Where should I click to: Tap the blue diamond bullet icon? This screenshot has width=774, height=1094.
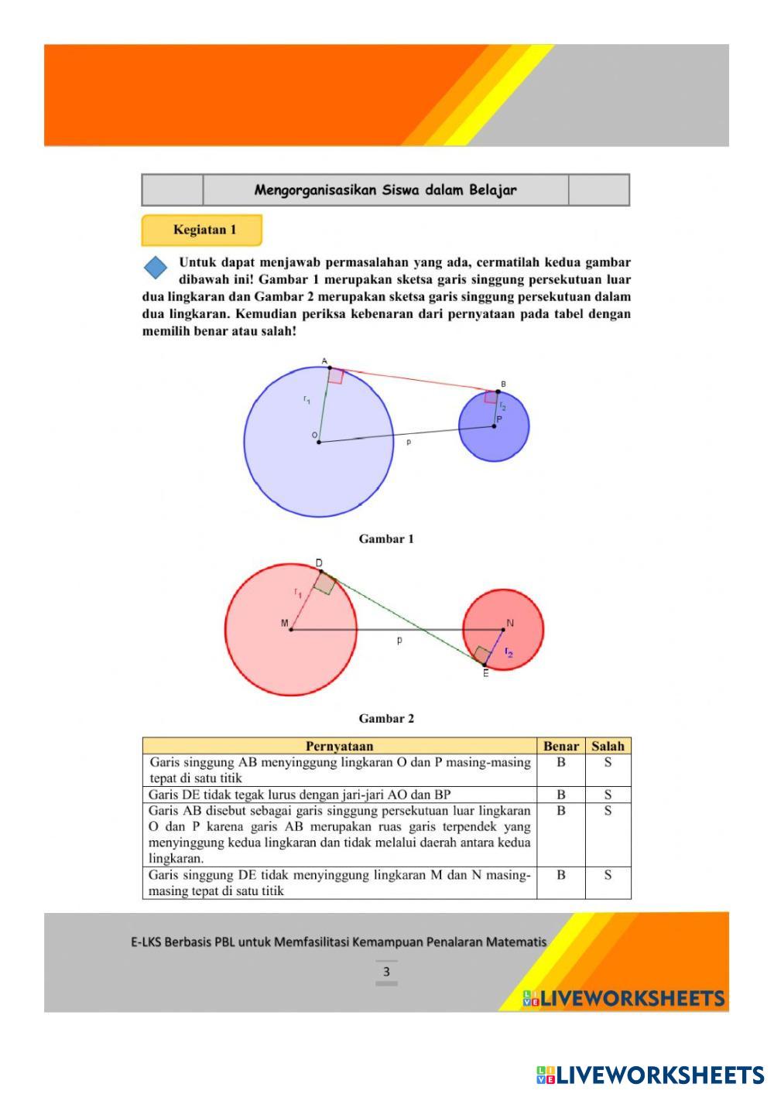[156, 268]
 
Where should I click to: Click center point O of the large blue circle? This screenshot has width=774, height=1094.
[319, 442]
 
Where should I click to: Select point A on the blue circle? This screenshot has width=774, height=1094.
[330, 368]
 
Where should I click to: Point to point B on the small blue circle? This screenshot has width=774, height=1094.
[498, 391]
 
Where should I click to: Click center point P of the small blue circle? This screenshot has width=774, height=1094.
[494, 426]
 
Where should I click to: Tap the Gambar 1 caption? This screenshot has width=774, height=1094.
[386, 538]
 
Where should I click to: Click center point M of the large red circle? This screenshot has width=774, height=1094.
[291, 629]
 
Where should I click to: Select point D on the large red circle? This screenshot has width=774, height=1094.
[321, 572]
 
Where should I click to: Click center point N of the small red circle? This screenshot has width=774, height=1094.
[503, 629]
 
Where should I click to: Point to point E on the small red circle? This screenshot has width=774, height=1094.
[485, 664]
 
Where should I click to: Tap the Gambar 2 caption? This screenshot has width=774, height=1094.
[386, 718]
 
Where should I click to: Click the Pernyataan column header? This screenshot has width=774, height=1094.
[339, 746]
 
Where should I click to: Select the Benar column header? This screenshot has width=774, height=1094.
[561, 746]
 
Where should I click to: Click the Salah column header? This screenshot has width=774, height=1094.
[608, 746]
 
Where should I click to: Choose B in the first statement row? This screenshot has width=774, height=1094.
[561, 762]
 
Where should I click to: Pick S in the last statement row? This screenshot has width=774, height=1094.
[608, 875]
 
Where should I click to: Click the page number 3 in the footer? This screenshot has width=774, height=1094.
[386, 972]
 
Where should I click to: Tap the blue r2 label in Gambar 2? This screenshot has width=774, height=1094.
[509, 652]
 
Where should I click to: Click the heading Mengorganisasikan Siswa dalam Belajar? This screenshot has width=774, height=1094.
[385, 190]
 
